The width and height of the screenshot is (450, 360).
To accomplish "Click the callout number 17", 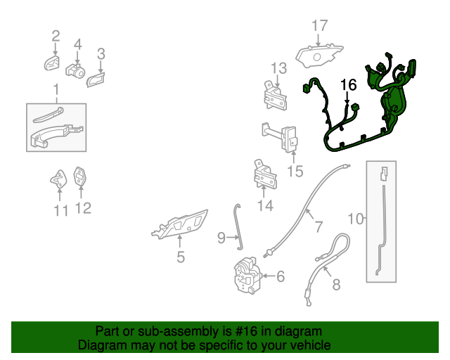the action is [x=320, y=25].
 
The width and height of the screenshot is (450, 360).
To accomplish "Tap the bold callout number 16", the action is [x=349, y=84].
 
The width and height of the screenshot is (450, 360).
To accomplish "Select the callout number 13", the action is [x=278, y=68].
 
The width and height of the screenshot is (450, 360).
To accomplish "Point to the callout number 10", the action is [x=355, y=219].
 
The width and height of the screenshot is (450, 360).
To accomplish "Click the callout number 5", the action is [x=181, y=257].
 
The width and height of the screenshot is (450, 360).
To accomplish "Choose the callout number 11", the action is [x=61, y=210].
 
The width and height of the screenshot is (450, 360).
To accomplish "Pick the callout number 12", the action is [x=83, y=208].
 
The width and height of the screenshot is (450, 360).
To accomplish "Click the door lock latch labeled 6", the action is [x=247, y=275].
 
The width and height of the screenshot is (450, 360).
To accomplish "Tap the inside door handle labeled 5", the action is [x=180, y=224].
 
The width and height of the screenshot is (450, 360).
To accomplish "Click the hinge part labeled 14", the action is [x=265, y=174].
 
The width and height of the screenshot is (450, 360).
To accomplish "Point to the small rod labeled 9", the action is [x=238, y=227].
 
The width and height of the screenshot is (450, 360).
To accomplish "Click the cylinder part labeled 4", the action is [x=75, y=70].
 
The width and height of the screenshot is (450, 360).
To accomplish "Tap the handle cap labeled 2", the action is [x=52, y=63].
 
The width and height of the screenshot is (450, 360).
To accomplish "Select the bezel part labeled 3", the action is [x=96, y=79].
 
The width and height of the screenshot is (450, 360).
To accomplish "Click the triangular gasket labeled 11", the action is [x=58, y=179].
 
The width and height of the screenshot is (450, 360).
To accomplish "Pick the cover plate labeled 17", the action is [x=319, y=56].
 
